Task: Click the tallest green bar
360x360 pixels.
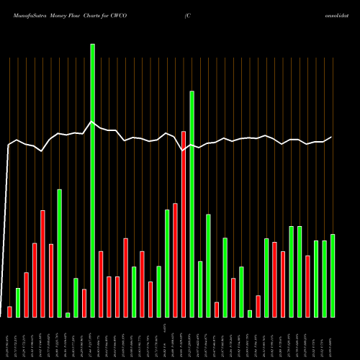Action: coord(92,180)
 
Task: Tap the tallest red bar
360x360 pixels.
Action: coord(184,224)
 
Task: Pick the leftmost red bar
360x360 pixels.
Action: coord(9,312)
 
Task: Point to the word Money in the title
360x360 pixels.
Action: coord(58,15)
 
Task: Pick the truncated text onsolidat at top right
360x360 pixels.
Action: coord(344,15)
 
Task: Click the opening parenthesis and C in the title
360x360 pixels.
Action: coord(186,15)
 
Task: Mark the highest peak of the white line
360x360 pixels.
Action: coord(91,122)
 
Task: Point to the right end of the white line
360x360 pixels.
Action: coord(332,137)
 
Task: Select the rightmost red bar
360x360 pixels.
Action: coord(307,286)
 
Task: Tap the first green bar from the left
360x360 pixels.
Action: coord(18,302)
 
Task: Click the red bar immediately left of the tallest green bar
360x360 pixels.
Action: coord(84,302)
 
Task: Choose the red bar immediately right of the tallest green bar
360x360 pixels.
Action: coord(101,284)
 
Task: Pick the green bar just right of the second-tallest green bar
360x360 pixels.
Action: coord(200,289)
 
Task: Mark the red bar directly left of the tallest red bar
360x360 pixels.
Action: coord(175,260)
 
